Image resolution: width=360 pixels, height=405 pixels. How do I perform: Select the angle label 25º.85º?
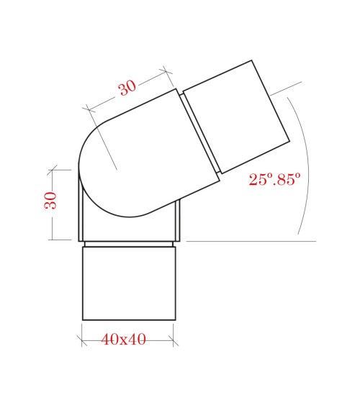point(274,180)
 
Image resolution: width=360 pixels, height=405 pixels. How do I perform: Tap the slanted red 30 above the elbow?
point(127,88)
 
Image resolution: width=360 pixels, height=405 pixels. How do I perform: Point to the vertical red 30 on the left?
point(50,200)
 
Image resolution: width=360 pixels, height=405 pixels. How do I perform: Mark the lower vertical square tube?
point(128,284)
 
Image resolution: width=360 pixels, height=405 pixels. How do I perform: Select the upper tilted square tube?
point(235,117)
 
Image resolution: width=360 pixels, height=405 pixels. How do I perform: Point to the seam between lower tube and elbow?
point(128,245)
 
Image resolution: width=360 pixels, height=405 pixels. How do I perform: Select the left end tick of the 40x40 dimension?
point(82,335)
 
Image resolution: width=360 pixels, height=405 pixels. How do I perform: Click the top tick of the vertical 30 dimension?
point(52,170)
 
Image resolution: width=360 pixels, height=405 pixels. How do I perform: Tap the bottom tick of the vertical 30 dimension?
point(52,240)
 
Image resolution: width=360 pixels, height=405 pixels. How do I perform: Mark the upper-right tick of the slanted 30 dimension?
point(166,70)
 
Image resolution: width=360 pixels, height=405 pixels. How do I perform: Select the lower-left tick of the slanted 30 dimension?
point(88,109)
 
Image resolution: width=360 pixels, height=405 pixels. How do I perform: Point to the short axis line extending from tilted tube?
point(286,88)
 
